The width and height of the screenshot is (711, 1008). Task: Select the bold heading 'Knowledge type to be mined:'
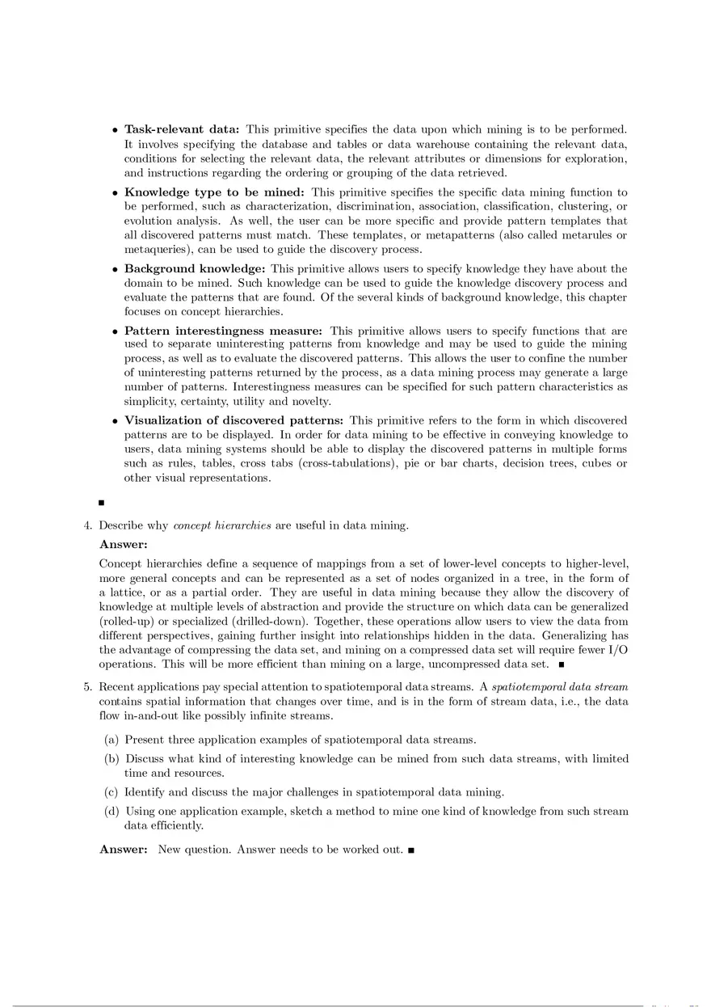coord(214,192)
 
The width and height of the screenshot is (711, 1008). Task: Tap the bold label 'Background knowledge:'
coord(195,268)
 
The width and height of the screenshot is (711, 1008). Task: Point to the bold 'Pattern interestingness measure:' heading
coord(223,331)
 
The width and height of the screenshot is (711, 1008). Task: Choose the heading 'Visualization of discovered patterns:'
coord(233,420)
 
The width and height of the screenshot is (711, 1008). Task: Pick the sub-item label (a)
coord(111,740)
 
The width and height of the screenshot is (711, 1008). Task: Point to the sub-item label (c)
coord(111,792)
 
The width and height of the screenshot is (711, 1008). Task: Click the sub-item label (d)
coord(111,811)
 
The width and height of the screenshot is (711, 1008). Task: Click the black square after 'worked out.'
coord(411,850)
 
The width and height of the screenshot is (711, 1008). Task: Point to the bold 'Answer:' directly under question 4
coord(123,545)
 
